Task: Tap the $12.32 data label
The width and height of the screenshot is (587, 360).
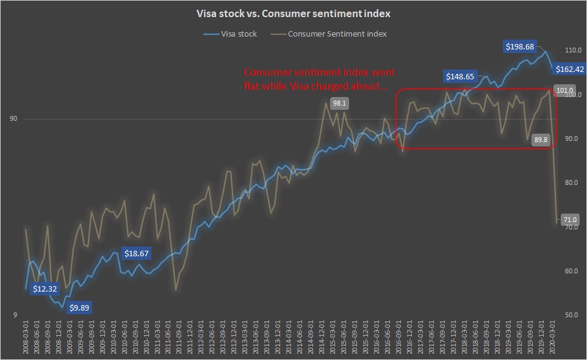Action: point(45,289)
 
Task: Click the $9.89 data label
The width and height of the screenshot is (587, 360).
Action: point(79,308)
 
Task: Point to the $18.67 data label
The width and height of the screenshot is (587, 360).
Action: point(137,253)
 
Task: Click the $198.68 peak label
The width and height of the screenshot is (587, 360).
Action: point(519,47)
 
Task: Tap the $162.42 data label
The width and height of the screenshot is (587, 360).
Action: point(571,69)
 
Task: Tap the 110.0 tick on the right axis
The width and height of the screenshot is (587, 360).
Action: point(574,51)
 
